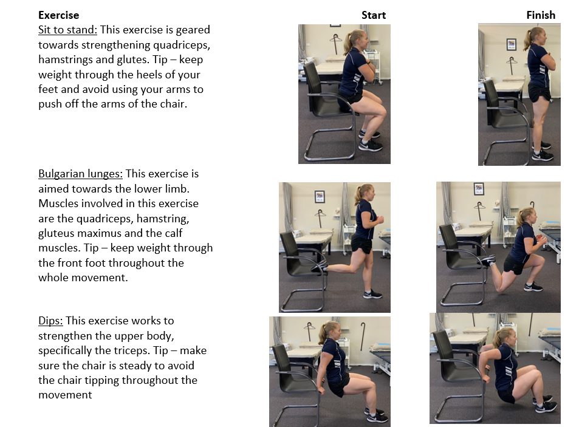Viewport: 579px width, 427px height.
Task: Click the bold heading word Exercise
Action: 59,15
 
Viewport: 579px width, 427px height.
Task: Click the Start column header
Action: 373,15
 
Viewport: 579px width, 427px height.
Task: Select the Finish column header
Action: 541,15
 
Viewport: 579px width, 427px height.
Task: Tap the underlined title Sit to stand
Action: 67,30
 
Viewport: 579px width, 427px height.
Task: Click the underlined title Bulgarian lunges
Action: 80,174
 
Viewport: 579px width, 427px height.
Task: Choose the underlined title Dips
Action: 50,321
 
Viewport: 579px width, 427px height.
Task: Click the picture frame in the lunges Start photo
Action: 320,196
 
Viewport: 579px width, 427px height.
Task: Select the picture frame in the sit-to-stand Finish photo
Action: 512,44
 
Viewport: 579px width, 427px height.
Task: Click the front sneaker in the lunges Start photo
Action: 372,294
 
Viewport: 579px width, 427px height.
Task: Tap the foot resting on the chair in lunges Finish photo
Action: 487,260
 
